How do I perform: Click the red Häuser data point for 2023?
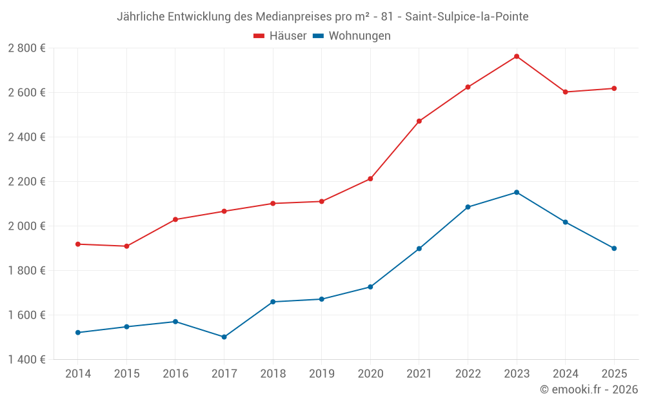pyautogui.click(x=517, y=56)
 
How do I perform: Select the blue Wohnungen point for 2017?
pyautogui.click(x=224, y=337)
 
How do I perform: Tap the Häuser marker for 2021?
pyautogui.click(x=419, y=121)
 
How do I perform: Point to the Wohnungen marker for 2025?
pyautogui.click(x=614, y=248)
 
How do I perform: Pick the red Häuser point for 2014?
pyautogui.click(x=78, y=244)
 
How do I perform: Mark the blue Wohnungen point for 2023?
pyautogui.click(x=517, y=192)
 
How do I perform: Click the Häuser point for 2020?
pyautogui.click(x=370, y=179)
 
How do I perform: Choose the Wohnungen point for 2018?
pyautogui.click(x=273, y=302)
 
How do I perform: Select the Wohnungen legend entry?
pyautogui.click(x=352, y=36)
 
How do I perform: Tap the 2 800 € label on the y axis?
pyautogui.click(x=26, y=48)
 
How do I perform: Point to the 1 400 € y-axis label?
pyautogui.click(x=26, y=359)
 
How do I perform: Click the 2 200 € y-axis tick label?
pyautogui.click(x=26, y=181)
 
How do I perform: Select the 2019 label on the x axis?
pyautogui.click(x=321, y=373)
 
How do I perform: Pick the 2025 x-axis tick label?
pyautogui.click(x=614, y=373)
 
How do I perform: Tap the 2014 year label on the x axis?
pyautogui.click(x=78, y=373)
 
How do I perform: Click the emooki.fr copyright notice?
pyautogui.click(x=588, y=389)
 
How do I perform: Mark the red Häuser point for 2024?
pyautogui.click(x=566, y=92)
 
